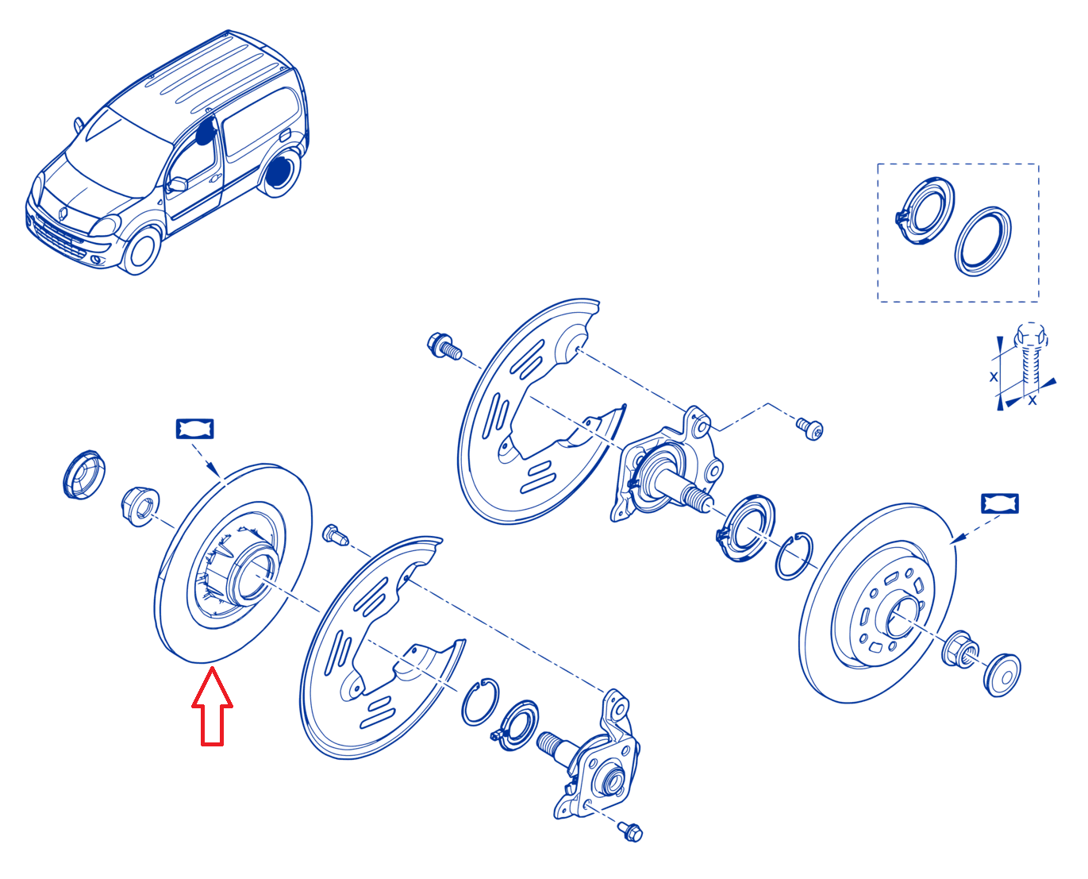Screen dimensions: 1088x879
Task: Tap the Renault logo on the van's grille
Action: click(x=63, y=214)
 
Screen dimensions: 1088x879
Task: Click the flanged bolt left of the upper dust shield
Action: click(x=444, y=346)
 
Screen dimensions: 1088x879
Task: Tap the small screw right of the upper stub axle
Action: click(x=809, y=428)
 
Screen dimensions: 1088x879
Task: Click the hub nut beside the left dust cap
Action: click(x=140, y=507)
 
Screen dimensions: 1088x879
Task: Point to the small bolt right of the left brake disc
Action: click(x=335, y=534)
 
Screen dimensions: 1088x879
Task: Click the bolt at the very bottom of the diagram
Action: click(x=630, y=832)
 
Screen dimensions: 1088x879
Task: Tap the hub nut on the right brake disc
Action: click(x=959, y=650)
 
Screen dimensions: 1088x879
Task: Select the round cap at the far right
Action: click(x=1001, y=675)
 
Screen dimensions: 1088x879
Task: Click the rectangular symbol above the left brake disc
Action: click(x=194, y=429)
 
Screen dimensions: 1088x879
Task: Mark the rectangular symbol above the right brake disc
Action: click(x=1000, y=503)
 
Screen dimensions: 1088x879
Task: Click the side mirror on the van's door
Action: click(x=177, y=184)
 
